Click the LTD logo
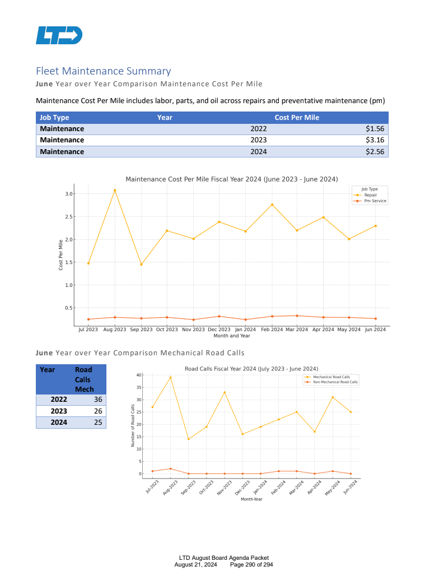click(x=59, y=35)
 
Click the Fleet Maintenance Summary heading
click(x=103, y=71)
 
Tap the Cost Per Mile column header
click(x=297, y=117)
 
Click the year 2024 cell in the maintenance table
click(x=259, y=152)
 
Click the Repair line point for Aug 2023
click(x=115, y=191)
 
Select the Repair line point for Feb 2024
click(x=272, y=205)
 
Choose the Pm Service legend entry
click(x=375, y=201)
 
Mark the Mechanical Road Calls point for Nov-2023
click(x=225, y=392)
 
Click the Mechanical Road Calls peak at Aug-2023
click(x=170, y=377)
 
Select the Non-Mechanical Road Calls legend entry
click(x=335, y=382)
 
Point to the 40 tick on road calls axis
click(x=138, y=375)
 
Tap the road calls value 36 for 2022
click(x=98, y=400)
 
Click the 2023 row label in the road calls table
click(x=59, y=411)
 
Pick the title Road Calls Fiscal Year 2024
click(x=251, y=368)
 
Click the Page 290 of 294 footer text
click(x=251, y=565)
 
